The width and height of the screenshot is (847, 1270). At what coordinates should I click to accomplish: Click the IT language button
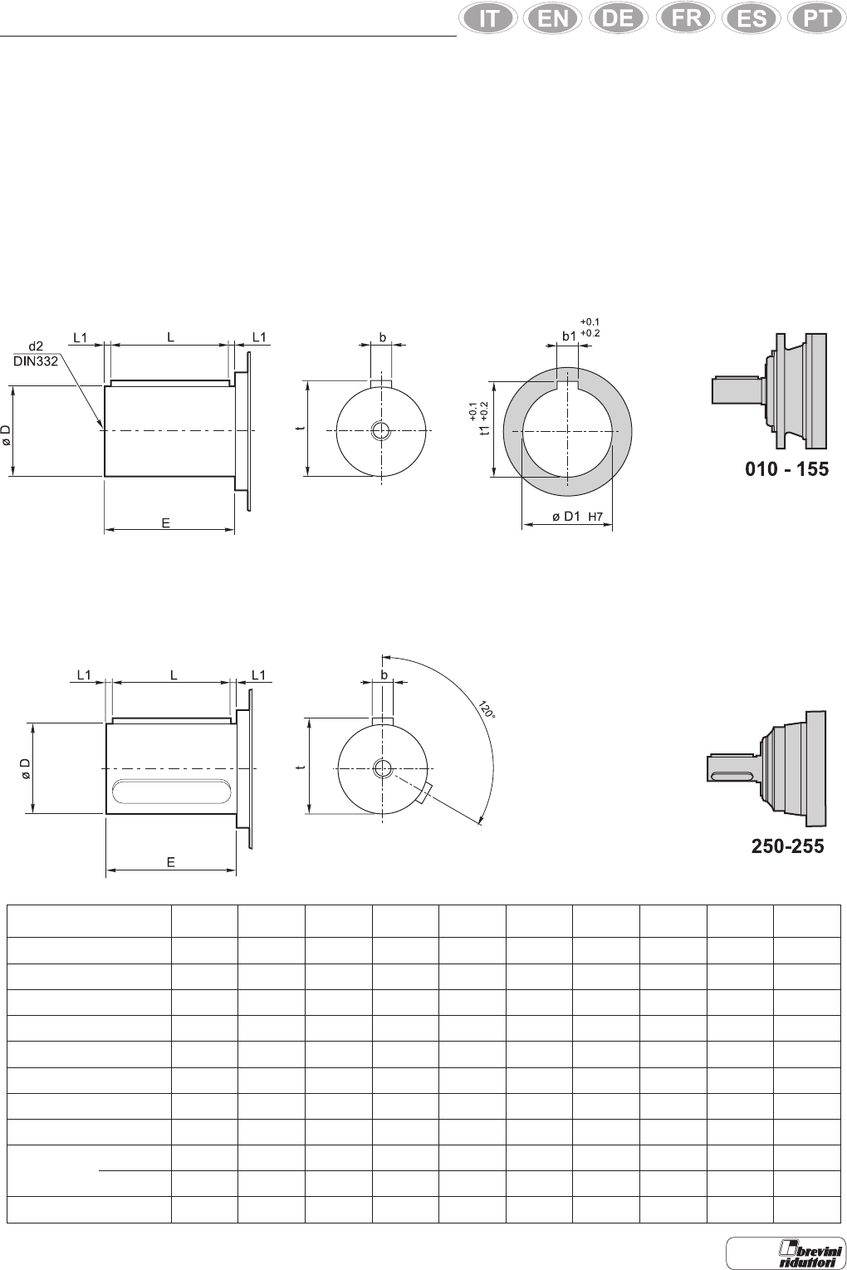coord(487,18)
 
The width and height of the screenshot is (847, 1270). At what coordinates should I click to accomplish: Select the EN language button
coord(553,18)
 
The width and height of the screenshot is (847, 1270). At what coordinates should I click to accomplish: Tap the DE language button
coord(619,18)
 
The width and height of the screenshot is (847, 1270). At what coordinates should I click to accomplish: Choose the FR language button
coord(686,18)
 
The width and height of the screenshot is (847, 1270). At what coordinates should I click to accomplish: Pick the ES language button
coord(752,18)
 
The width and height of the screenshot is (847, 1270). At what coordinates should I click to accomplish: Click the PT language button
coord(817,18)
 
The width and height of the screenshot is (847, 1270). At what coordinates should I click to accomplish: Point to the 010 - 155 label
coord(786,469)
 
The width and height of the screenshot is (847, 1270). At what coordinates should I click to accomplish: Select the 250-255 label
coord(787,846)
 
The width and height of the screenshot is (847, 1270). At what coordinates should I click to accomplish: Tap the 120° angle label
coord(487,710)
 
